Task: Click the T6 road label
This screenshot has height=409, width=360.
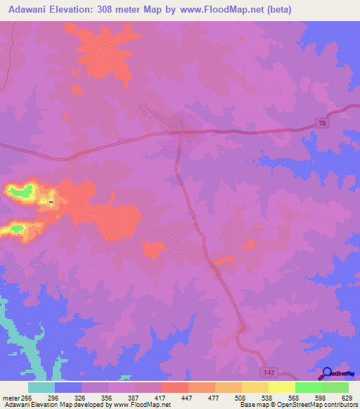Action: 322,124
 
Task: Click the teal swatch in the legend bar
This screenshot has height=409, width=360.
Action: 41,387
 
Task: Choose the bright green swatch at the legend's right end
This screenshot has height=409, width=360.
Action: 335,387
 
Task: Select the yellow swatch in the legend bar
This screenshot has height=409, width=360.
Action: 281,387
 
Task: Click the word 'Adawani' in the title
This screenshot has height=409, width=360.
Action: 31,10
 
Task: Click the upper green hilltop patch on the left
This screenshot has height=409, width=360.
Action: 21,189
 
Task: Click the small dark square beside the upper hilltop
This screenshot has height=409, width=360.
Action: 51,202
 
